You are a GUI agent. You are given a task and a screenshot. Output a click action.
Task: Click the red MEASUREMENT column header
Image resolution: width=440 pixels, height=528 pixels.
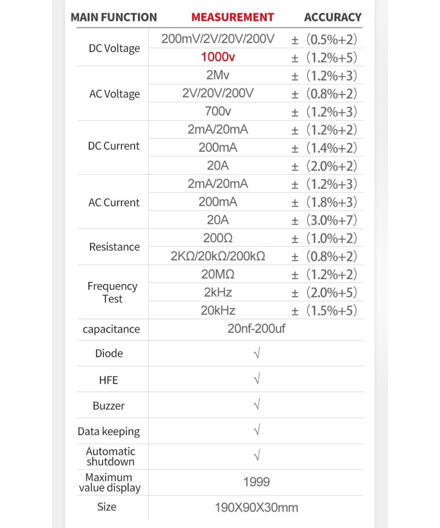click(x=232, y=18)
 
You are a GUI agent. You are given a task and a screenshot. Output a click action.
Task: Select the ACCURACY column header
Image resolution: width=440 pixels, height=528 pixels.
click(x=333, y=18)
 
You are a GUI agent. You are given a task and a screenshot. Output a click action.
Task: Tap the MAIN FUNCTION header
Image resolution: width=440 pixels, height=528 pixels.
click(x=114, y=18)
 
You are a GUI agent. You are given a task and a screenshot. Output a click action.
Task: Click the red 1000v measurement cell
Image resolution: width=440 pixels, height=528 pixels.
click(x=218, y=58)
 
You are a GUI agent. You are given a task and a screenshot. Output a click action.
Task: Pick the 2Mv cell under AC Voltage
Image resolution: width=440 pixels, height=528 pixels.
click(x=218, y=75)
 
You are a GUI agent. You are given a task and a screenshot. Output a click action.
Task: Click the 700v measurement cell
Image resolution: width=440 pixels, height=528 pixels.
click(x=218, y=112)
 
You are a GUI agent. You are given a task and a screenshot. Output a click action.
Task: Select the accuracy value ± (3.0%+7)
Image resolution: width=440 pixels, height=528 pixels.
click(x=324, y=220)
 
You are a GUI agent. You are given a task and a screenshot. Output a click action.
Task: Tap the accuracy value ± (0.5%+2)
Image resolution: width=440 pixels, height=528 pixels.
click(x=324, y=40)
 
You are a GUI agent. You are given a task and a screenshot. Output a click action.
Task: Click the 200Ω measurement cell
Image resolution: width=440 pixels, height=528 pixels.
click(x=218, y=238)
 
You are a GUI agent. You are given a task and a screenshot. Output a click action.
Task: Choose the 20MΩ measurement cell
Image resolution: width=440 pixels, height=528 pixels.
click(x=218, y=275)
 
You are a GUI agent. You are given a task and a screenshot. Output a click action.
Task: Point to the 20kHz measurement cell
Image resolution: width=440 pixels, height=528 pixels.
click(x=218, y=311)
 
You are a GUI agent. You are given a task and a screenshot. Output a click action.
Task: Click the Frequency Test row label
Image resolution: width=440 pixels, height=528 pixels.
click(x=113, y=292)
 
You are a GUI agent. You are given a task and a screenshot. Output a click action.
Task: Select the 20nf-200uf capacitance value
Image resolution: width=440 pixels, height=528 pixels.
click(x=256, y=329)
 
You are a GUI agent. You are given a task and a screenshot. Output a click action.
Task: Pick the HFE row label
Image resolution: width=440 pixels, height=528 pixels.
click(x=108, y=380)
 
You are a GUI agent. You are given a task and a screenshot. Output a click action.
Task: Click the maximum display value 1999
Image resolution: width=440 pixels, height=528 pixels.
click(x=256, y=482)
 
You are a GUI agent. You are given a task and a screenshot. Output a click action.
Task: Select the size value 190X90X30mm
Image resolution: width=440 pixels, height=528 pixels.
click(x=256, y=508)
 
